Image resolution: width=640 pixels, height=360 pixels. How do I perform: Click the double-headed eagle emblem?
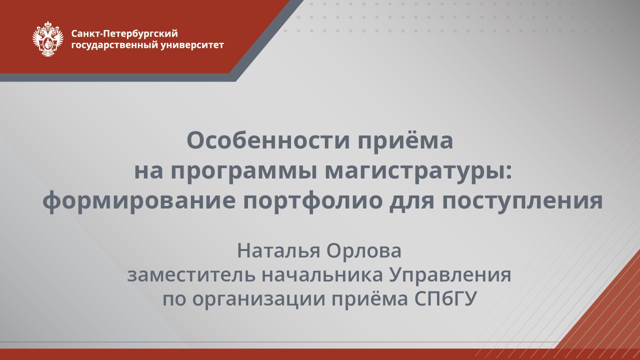(47, 38)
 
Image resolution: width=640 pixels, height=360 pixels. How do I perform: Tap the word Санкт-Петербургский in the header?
(124, 33)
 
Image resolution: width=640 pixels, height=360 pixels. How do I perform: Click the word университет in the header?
(192, 45)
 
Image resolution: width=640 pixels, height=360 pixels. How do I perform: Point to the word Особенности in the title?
(268, 140)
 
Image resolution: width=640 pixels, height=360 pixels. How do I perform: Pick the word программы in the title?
(244, 173)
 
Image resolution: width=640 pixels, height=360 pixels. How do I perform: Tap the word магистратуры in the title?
(415, 173)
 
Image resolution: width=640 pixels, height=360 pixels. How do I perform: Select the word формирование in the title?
(139, 201)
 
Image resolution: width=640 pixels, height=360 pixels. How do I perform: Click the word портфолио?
(312, 201)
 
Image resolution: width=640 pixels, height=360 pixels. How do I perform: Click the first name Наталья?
(278, 251)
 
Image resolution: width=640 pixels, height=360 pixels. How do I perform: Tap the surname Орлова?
(364, 251)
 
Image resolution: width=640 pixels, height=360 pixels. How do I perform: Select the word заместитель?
(191, 275)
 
